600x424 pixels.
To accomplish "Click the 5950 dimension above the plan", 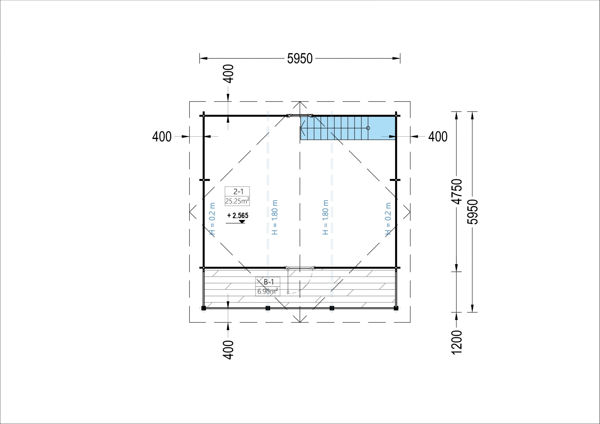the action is tap(300, 59).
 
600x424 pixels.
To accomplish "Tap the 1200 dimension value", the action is tap(457, 342).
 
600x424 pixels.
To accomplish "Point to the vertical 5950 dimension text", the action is tap(472, 212).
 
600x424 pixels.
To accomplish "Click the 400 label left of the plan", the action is tap(162, 137).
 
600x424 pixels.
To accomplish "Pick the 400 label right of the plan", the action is tap(438, 137).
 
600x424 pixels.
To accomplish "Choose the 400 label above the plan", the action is tap(229, 74).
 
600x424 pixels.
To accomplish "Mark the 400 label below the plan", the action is tap(229, 350).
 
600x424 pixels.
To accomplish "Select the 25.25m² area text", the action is tap(237, 201).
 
